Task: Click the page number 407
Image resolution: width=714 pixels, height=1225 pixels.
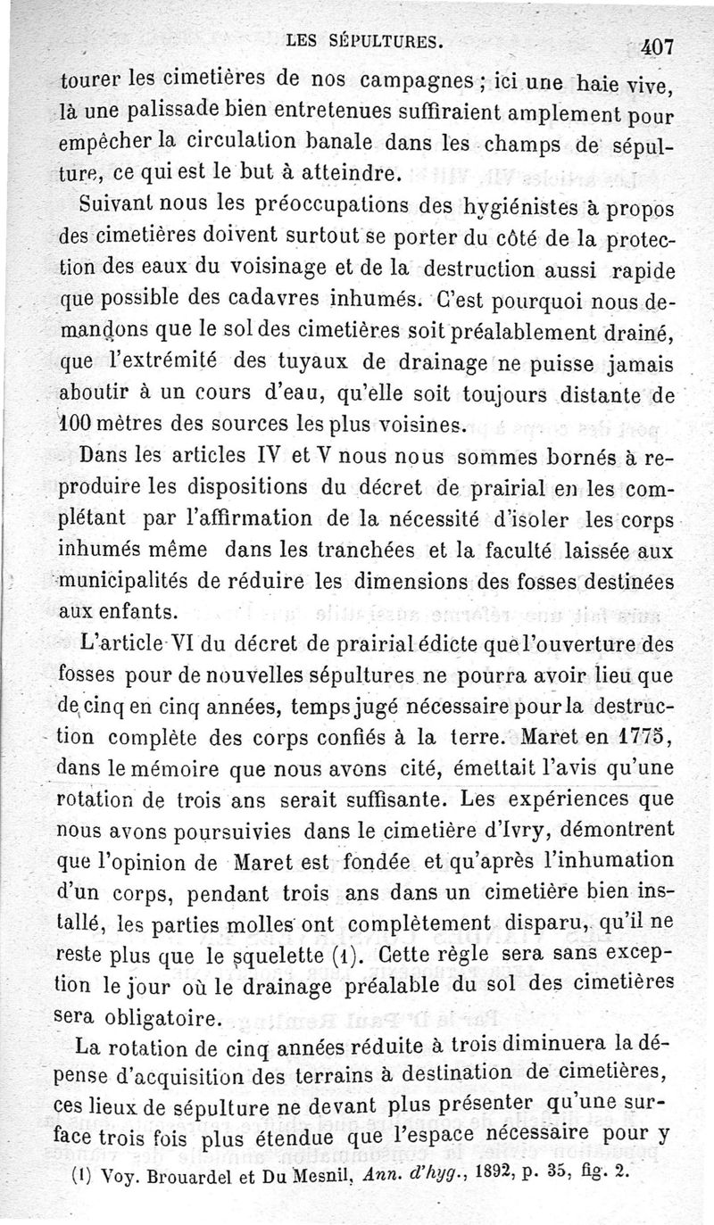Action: coord(659,46)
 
